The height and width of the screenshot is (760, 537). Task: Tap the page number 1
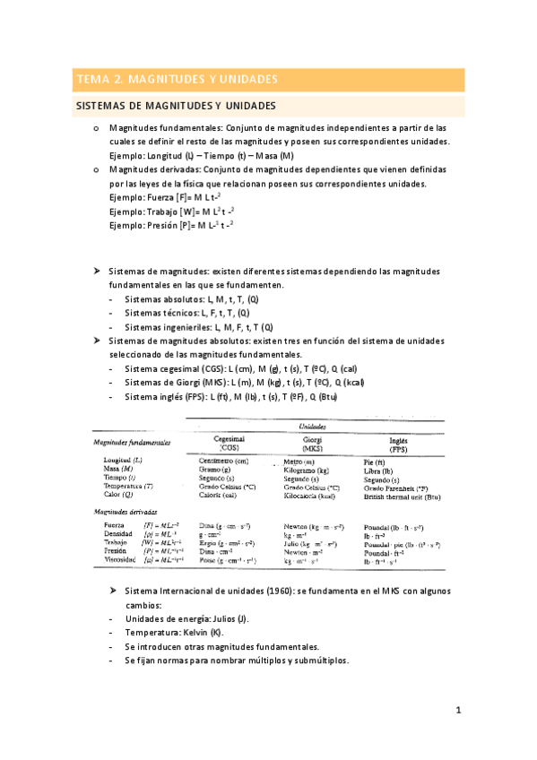(x=457, y=712)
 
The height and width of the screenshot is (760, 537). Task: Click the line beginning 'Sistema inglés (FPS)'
(x=230, y=396)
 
